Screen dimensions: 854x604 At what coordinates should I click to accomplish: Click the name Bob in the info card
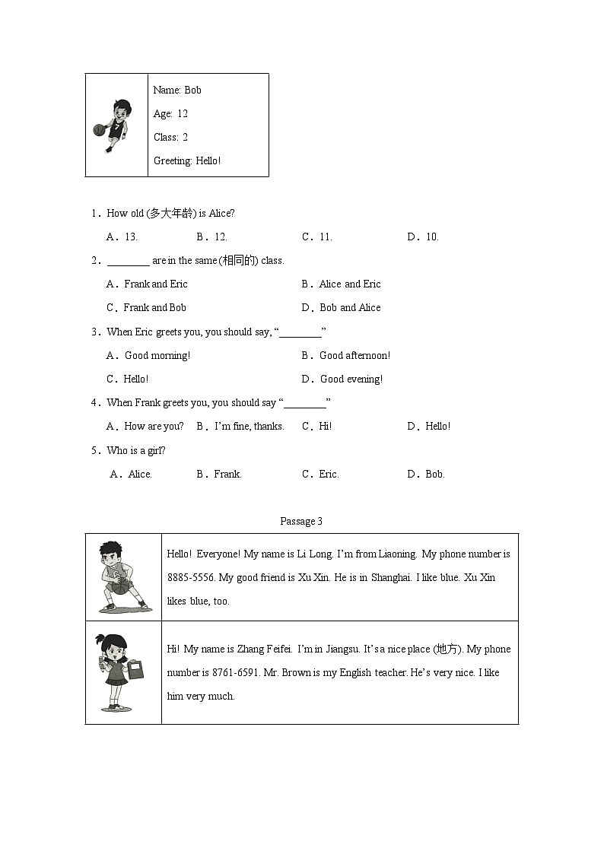coord(193,90)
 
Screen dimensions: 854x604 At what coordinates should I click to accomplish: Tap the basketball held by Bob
coord(98,130)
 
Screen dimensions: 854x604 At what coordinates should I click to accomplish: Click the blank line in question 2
coord(128,262)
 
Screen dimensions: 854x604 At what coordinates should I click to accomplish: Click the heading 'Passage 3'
coord(301,521)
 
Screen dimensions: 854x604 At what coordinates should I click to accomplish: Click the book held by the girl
coord(137,670)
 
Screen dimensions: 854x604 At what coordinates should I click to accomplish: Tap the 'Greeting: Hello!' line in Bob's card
coord(187,160)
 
